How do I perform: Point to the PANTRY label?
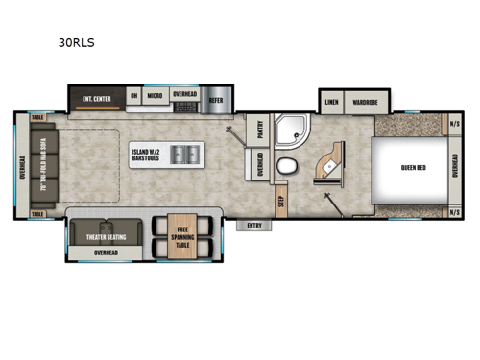coord(258,130)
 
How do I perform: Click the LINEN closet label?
coord(331,100)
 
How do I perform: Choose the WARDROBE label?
coord(365,100)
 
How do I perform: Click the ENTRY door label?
coord(254,226)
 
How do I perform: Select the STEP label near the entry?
coord(281,201)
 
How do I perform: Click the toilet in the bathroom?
coord(286,167)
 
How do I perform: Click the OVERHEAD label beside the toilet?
coord(260,164)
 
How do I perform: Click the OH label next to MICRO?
coord(132,96)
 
